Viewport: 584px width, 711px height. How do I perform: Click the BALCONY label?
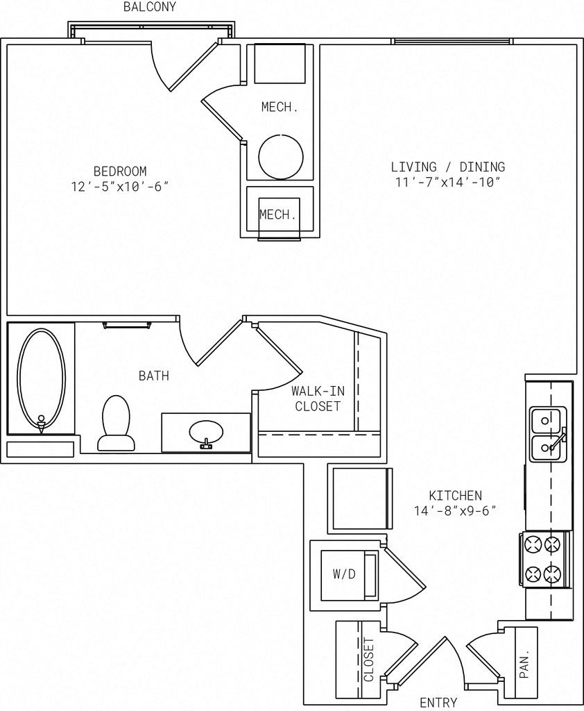[x=150, y=7]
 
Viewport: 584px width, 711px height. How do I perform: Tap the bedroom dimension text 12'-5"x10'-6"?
[x=120, y=187]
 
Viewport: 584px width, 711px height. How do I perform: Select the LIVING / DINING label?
[x=447, y=167]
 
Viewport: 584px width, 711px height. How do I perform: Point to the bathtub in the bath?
[x=41, y=380]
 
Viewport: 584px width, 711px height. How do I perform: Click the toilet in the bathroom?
[x=116, y=423]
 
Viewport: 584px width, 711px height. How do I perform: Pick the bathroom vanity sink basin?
[x=206, y=433]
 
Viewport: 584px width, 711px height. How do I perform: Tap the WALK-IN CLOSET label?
[x=318, y=398]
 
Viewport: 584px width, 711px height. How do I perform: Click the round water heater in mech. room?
[x=281, y=157]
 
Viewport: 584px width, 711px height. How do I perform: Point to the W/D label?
[x=344, y=574]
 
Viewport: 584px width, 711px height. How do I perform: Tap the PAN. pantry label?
[x=524, y=666]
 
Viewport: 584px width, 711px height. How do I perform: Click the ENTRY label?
[x=438, y=703]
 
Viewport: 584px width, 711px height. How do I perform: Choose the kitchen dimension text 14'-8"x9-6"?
[x=455, y=510]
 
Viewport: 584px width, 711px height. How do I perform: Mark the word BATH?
[x=154, y=376]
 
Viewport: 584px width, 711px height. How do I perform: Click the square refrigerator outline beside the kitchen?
[x=360, y=499]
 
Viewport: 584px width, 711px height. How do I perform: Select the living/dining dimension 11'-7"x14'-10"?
[x=447, y=183]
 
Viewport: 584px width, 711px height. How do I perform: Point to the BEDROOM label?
[x=120, y=172]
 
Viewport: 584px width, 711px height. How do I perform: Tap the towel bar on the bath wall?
[x=127, y=325]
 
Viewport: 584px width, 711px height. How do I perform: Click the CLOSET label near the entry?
[x=369, y=660]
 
